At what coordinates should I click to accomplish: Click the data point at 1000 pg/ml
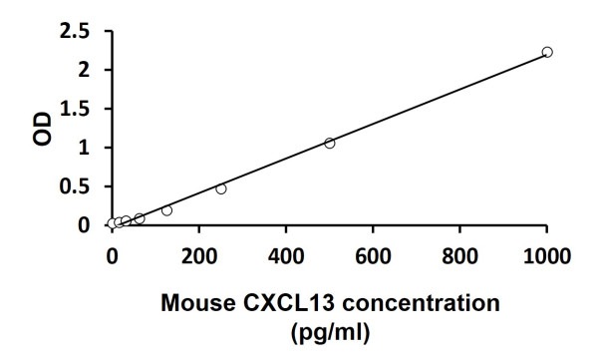[547, 52]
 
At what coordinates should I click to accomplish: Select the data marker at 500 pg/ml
[330, 143]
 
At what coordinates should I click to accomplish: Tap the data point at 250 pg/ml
[221, 188]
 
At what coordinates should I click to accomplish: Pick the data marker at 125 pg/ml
[166, 209]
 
